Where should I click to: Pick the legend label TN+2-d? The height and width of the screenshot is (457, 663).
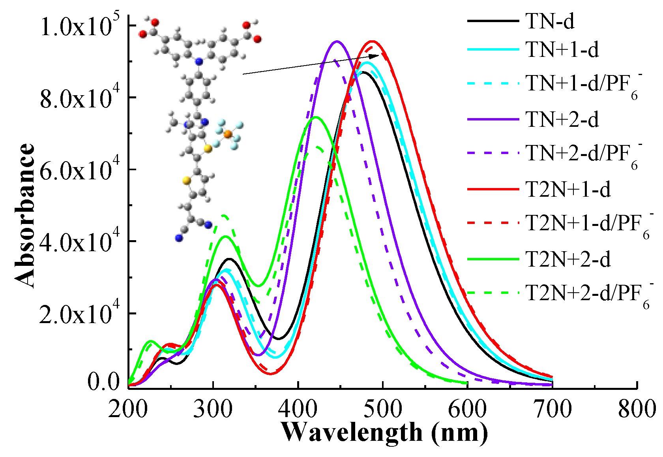coord(562,119)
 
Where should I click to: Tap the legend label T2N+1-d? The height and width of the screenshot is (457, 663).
coord(568,189)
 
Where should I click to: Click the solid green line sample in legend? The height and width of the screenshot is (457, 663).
coord(493,259)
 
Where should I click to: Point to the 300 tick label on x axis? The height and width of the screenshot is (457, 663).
coord(213,408)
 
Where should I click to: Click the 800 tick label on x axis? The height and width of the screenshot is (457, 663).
coord(637,408)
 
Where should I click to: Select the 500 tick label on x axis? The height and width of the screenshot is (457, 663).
coord(382,408)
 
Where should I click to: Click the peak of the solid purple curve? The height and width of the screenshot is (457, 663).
coord(337,41)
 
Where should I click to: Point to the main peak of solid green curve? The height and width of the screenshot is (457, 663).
coord(315,117)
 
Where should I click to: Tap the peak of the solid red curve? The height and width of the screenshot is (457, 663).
coord(372,41)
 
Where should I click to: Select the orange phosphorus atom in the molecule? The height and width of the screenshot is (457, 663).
coord(228,134)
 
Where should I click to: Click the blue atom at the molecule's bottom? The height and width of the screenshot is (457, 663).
coord(179,238)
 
